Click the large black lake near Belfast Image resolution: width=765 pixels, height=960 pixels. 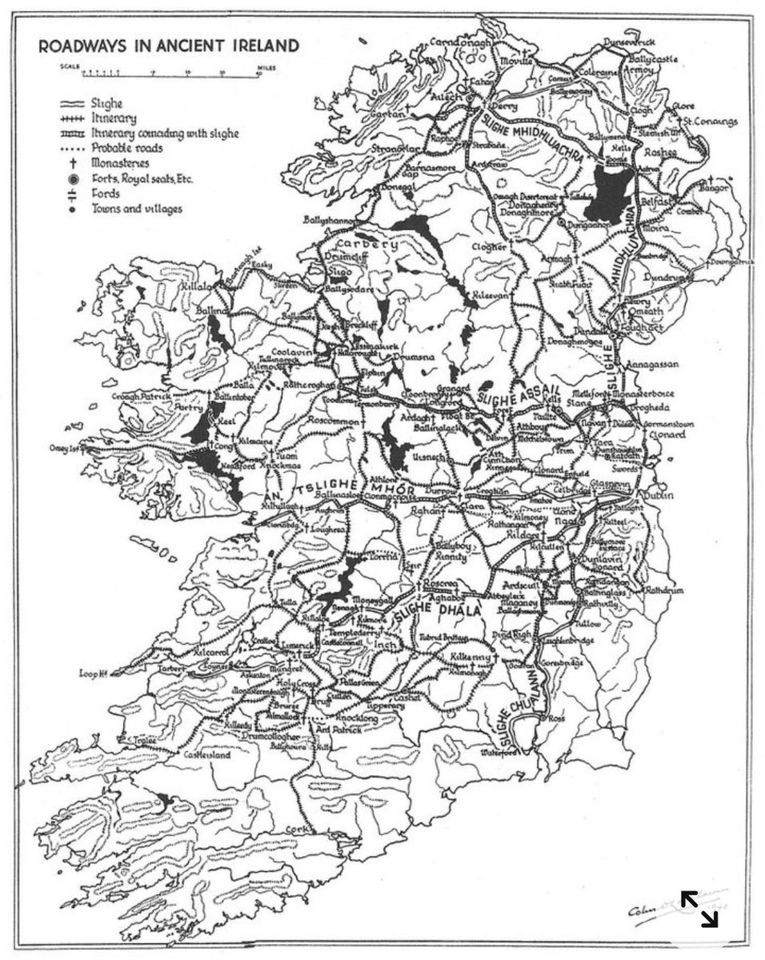point(609,192)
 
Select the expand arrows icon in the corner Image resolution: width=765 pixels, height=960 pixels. point(699,908)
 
